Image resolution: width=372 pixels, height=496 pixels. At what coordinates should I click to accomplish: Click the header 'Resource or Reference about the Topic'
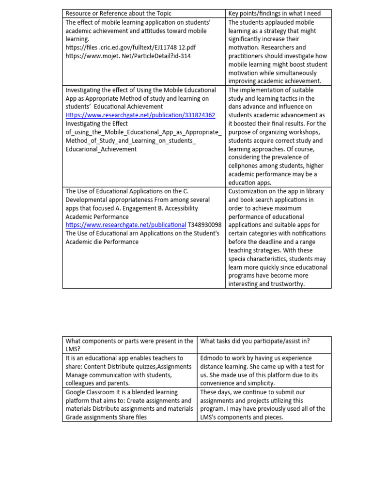[118, 13]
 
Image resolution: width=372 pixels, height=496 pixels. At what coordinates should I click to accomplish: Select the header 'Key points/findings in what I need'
[274, 13]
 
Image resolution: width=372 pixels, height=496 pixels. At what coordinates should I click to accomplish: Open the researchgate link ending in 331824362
[140, 115]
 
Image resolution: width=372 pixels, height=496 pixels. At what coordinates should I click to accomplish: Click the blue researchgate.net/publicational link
[126, 225]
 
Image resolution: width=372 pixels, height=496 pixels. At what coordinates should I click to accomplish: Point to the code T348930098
[205, 225]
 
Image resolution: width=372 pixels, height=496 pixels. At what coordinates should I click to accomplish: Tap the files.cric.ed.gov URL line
[131, 47]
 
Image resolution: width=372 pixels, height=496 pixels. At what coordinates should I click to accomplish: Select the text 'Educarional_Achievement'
[101, 149]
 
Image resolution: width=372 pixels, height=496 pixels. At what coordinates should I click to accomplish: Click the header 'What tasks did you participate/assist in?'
[255, 341]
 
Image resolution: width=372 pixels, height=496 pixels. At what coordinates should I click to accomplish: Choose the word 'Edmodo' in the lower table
[212, 358]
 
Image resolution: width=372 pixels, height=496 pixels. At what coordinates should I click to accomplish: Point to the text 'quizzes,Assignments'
[161, 367]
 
